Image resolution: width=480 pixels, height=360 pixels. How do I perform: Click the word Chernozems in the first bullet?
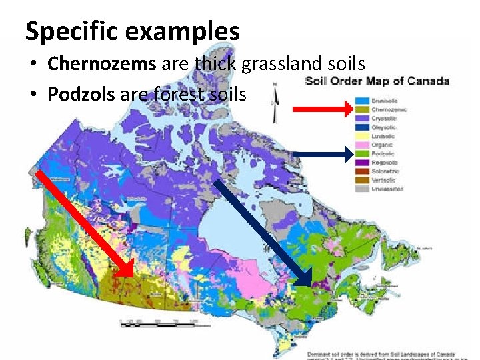pos(101,64)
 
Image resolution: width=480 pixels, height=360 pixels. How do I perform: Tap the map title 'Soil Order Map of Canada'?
pos(377,81)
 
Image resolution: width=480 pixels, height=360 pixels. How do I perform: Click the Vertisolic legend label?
pos(383,180)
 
